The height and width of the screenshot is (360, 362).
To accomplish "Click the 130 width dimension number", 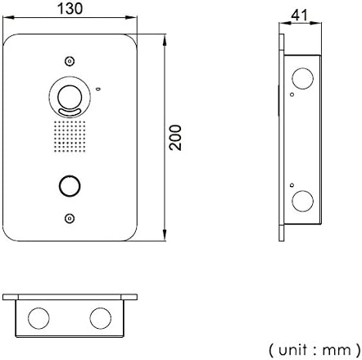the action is [x=70, y=8].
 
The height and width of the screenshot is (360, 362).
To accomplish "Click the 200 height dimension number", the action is [x=175, y=138].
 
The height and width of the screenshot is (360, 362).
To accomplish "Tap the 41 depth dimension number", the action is [x=300, y=15].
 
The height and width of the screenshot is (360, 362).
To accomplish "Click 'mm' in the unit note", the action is [x=337, y=351].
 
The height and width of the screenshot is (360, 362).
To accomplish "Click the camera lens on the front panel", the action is [x=70, y=97].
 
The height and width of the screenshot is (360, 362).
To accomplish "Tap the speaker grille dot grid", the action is [x=70, y=136].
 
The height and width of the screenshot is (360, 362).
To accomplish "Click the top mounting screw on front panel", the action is [x=70, y=62].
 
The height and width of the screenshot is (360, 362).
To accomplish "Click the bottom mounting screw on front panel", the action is [x=70, y=218].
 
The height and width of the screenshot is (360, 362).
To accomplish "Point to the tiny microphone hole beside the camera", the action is [x=98, y=89].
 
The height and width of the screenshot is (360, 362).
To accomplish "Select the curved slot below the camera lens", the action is [x=70, y=112].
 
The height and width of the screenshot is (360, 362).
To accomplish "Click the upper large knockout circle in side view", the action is [x=302, y=79].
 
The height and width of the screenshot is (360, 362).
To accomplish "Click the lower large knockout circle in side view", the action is [x=302, y=201].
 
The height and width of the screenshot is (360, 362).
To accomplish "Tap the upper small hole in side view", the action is [x=292, y=94].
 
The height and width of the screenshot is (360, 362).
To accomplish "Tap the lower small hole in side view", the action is [x=292, y=185].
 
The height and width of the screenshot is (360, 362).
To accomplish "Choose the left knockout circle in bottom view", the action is [x=38, y=318].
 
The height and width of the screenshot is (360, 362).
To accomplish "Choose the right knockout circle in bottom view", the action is [x=101, y=318].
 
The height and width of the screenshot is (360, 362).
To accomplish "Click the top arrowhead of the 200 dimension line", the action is [x=165, y=40].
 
